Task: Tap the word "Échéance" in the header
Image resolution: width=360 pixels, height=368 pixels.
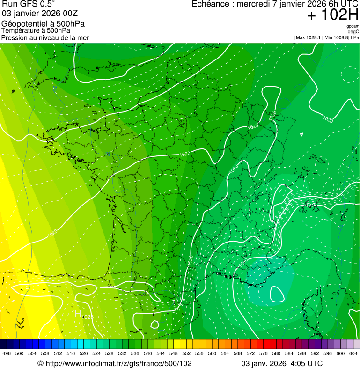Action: [213, 4]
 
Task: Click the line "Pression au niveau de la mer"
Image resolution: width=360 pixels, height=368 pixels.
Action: [45, 37]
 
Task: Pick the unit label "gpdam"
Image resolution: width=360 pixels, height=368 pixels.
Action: [353, 26]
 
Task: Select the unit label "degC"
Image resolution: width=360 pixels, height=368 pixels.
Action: [353, 31]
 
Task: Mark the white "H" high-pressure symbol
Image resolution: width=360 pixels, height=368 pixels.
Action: [79, 314]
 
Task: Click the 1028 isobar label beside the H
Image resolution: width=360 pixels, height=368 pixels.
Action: [88, 317]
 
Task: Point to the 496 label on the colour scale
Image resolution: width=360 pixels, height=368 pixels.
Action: [7, 353]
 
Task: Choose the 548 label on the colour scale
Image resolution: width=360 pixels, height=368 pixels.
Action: [174, 353]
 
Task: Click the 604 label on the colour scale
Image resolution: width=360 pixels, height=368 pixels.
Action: [353, 353]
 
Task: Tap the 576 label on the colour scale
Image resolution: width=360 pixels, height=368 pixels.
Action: [264, 353]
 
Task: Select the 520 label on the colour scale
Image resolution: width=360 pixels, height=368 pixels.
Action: [84, 353]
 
